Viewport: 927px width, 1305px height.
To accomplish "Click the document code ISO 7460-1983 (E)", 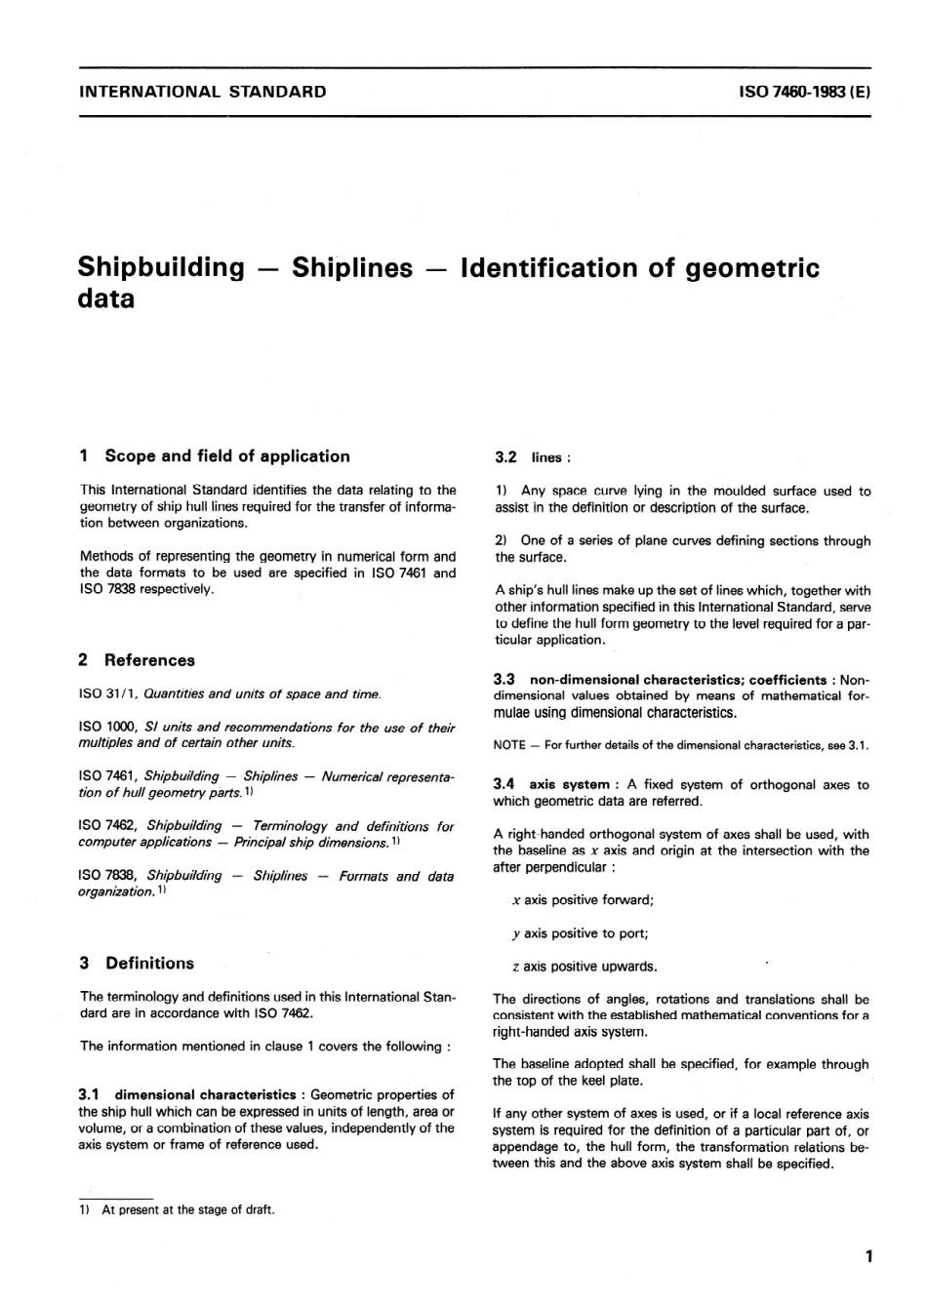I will pyautogui.click(x=805, y=93).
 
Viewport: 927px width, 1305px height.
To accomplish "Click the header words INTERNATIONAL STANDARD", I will pyautogui.click(x=202, y=93).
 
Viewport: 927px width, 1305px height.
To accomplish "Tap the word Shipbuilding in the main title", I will pyautogui.click(x=161, y=267).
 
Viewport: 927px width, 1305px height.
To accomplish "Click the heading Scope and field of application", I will pyautogui.click(x=226, y=455).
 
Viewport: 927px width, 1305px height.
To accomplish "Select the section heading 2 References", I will pyautogui.click(x=137, y=660).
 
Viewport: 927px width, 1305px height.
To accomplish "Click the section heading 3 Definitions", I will pyautogui.click(x=137, y=963).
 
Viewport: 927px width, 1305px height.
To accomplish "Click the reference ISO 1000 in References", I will pyautogui.click(x=106, y=728).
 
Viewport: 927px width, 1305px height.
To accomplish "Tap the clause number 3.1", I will pyautogui.click(x=92, y=1095).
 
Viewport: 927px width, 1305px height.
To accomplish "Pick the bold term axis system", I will pyautogui.click(x=569, y=784).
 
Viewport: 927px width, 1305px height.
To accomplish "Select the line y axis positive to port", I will pyautogui.click(x=580, y=933).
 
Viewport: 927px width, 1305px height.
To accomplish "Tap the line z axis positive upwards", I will pyautogui.click(x=584, y=967).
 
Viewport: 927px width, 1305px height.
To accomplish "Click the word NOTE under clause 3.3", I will pyautogui.click(x=509, y=746).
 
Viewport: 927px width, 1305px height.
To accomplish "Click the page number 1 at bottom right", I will pyautogui.click(x=867, y=1257).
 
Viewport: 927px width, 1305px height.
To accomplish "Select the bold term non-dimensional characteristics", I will pyautogui.click(x=636, y=679).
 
